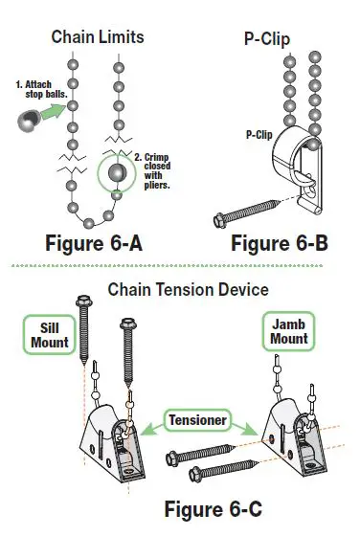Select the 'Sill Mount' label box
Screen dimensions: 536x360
(47, 335)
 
